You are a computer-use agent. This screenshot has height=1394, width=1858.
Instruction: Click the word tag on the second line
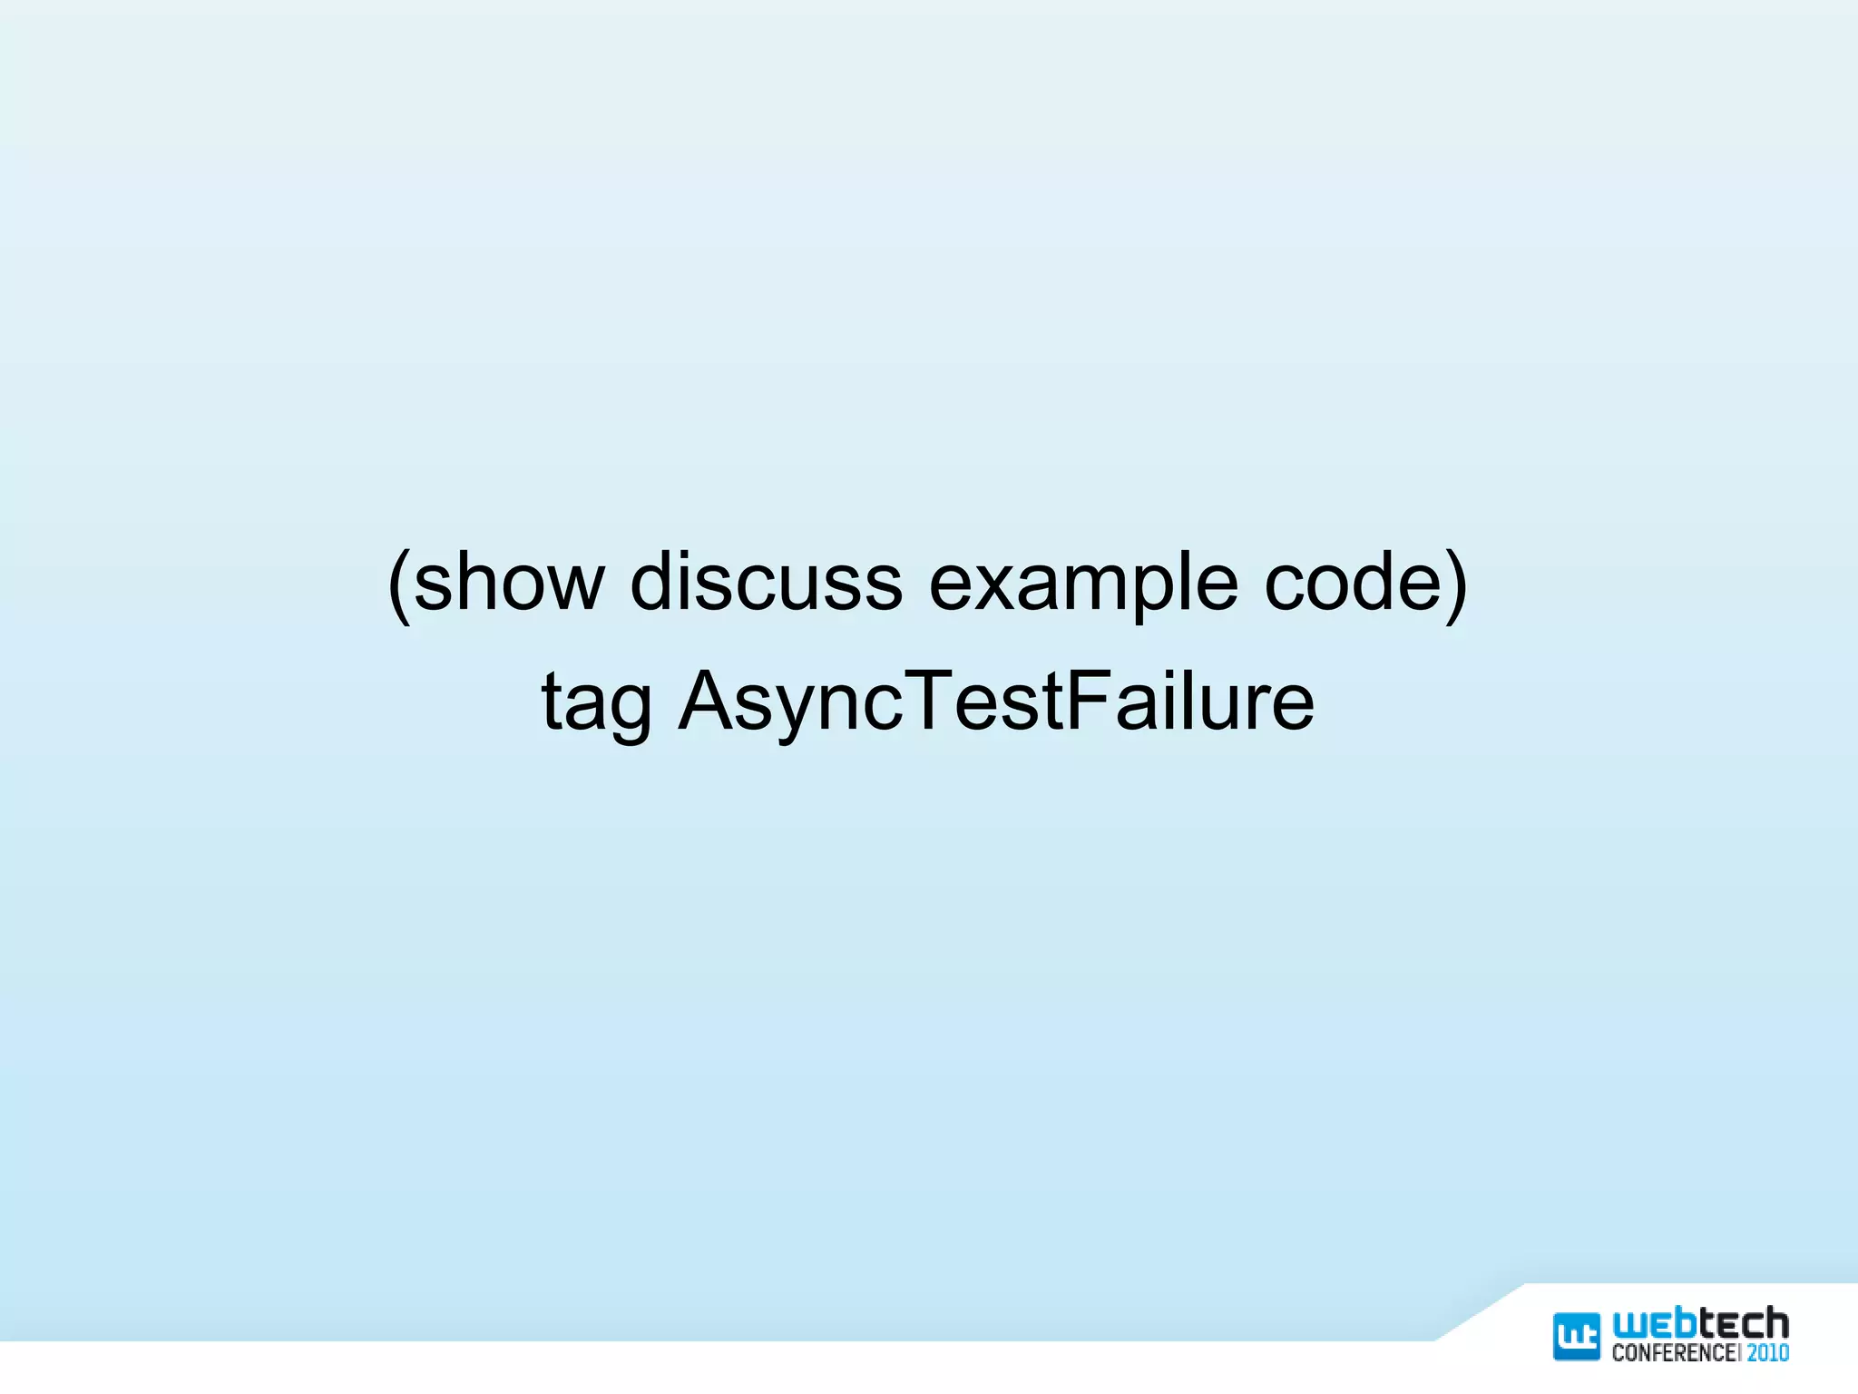tap(596, 703)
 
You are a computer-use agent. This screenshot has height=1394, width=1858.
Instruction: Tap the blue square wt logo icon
tap(1577, 1336)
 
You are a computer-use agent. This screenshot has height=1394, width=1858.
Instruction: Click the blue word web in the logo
tap(1654, 1325)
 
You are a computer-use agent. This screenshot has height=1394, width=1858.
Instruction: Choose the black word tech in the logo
tap(1744, 1325)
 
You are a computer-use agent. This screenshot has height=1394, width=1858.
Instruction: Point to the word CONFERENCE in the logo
tap(1674, 1352)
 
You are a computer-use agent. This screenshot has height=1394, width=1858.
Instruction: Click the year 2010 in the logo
tap(1768, 1352)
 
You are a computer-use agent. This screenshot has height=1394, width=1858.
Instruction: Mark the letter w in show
tap(572, 584)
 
